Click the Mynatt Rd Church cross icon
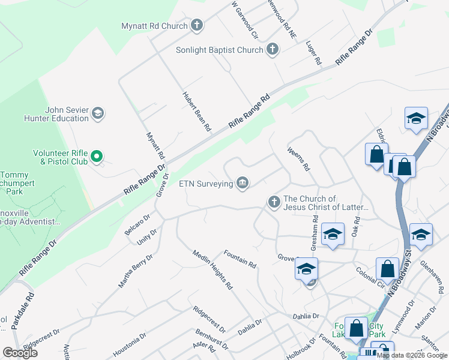point(196,26)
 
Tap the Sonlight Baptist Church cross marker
point(273,50)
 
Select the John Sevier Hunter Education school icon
point(98,113)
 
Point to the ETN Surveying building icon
point(243,183)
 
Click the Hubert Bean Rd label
point(196,112)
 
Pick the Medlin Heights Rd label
point(212,271)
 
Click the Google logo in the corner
point(20,353)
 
